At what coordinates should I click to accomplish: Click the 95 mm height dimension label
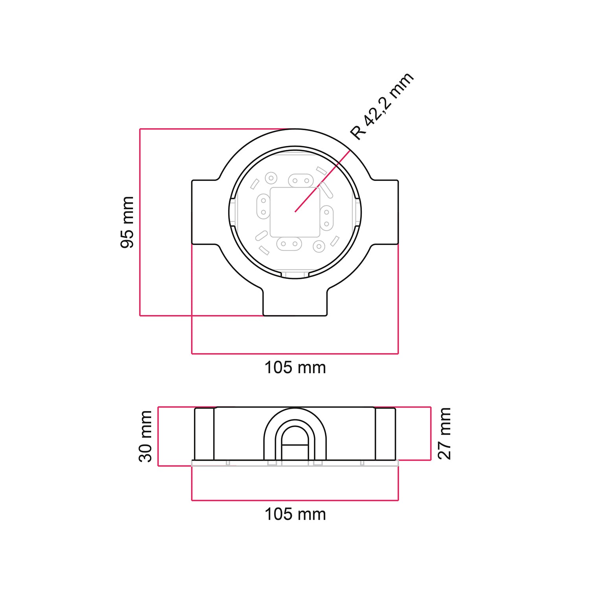pyautogui.click(x=127, y=222)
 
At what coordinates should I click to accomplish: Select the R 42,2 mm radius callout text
pyautogui.click(x=382, y=105)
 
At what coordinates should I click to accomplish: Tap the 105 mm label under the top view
pyautogui.click(x=295, y=368)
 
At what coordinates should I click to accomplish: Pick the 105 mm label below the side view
pyautogui.click(x=295, y=514)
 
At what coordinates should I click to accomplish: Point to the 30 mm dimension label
pyautogui.click(x=146, y=436)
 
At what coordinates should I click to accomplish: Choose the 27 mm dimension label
pyautogui.click(x=444, y=433)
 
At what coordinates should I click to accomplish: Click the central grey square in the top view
pyautogui.click(x=295, y=212)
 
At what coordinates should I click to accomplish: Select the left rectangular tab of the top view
pyautogui.click(x=205, y=212)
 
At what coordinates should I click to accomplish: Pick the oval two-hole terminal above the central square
pyautogui.click(x=301, y=181)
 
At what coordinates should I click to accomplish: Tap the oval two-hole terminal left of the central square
pyautogui.click(x=263, y=206)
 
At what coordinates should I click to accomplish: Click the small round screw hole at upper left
pyautogui.click(x=271, y=178)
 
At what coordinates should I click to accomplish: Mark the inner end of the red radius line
pyautogui.click(x=295, y=212)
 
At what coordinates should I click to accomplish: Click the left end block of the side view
pyautogui.click(x=204, y=434)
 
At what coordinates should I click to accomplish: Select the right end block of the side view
pyautogui.click(x=385, y=434)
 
